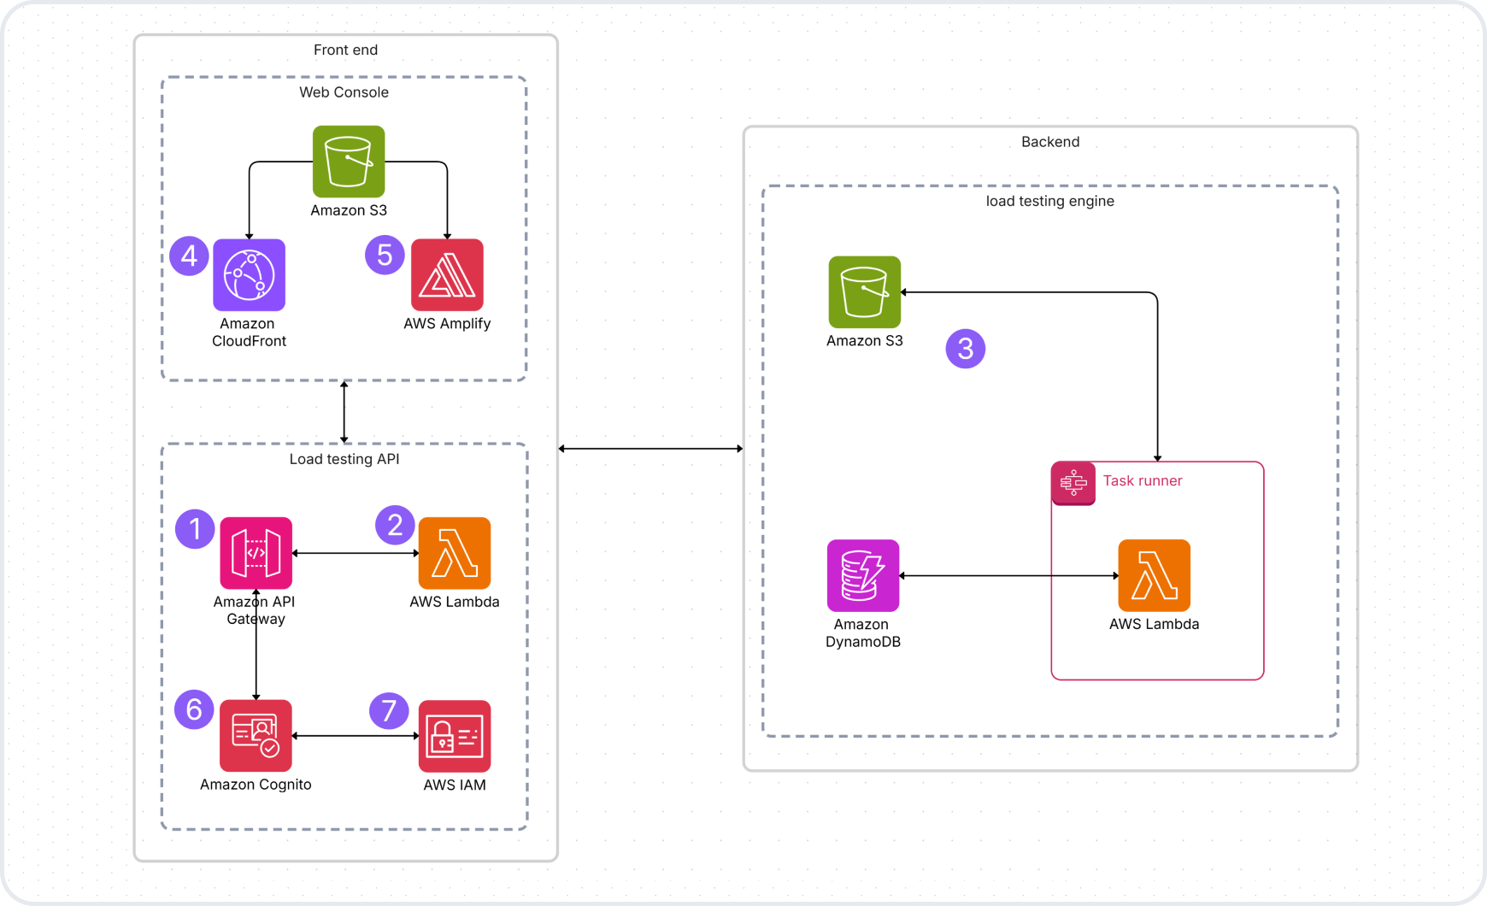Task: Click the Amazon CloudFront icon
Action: [x=249, y=275]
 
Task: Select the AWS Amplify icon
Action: [x=447, y=275]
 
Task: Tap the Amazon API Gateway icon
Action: [x=256, y=553]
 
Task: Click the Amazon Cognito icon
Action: [x=256, y=736]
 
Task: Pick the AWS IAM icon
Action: [x=454, y=736]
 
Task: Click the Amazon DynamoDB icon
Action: [x=863, y=575]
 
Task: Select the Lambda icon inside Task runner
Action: [x=1154, y=575]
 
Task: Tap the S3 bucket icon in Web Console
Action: [x=348, y=162]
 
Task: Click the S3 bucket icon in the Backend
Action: [x=864, y=292]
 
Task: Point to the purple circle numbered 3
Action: [x=966, y=349]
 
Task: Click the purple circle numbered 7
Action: [x=389, y=710]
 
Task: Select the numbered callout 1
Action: [x=195, y=529]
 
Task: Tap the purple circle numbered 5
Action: [x=385, y=255]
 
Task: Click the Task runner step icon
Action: [x=1073, y=483]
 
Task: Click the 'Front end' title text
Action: [x=345, y=50]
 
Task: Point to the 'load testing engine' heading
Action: [x=1049, y=202]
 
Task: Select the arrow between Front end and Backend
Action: [x=650, y=449]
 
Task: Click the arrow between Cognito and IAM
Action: [x=355, y=736]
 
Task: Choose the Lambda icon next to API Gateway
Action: [x=454, y=553]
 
